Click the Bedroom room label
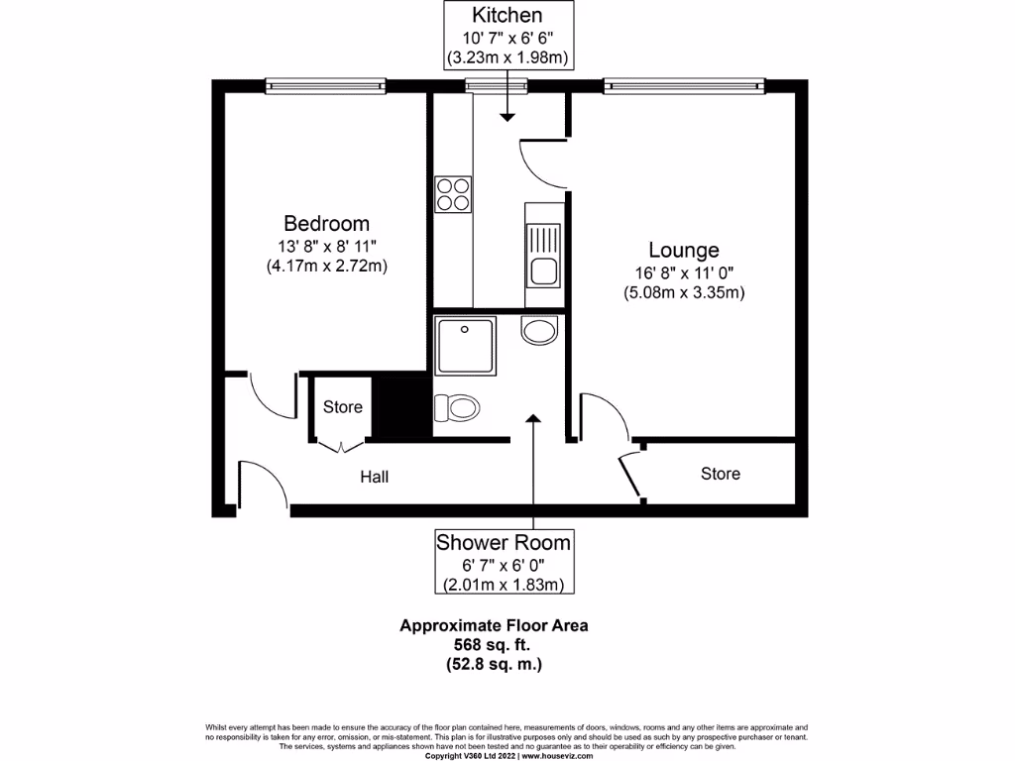(x=326, y=223)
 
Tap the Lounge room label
(x=684, y=250)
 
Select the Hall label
(x=374, y=477)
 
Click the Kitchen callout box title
(x=507, y=16)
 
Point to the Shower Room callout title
(x=504, y=542)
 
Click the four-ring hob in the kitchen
(x=453, y=193)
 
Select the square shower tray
(x=464, y=346)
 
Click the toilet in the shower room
(x=458, y=406)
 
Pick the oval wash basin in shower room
(x=540, y=330)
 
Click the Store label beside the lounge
(x=720, y=474)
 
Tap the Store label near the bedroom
(x=343, y=407)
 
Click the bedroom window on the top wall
(x=325, y=87)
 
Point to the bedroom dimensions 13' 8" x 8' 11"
(x=326, y=245)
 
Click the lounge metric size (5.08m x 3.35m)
(x=684, y=292)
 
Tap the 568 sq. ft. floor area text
(x=494, y=645)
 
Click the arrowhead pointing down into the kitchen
(x=507, y=117)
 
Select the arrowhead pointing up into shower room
(x=534, y=419)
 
